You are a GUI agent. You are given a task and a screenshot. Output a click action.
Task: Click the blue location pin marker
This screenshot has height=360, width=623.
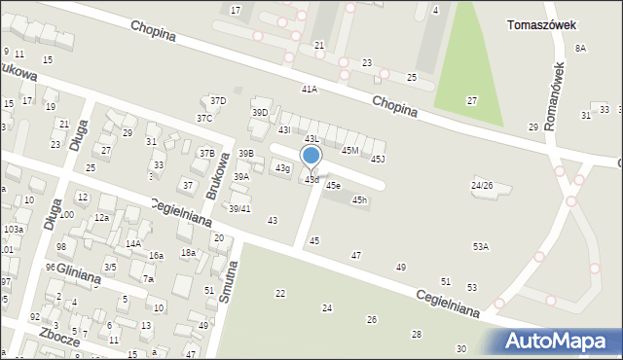[311, 157]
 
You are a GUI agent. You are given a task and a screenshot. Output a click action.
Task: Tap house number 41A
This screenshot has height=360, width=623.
[310, 89]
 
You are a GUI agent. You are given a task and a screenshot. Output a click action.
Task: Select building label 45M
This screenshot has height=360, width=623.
[350, 150]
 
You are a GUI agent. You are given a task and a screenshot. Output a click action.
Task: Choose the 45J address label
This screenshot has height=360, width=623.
[378, 159]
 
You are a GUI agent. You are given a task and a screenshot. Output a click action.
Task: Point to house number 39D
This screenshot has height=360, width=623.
[260, 113]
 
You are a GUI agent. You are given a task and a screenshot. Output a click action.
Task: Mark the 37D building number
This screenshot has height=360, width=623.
[219, 100]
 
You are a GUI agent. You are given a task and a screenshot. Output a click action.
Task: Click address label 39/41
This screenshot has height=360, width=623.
[239, 209]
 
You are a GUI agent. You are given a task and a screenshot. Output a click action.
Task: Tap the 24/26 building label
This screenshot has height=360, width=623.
[482, 185]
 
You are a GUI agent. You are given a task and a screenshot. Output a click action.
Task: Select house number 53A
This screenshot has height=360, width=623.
[481, 247]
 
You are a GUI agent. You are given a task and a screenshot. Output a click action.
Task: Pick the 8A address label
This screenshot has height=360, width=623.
[581, 48]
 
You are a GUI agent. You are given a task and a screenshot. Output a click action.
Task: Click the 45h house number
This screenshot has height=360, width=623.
[360, 200]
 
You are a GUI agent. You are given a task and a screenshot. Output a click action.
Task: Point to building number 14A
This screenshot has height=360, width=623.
[133, 244]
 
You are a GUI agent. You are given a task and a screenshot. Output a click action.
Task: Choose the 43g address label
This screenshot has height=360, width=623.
[282, 169]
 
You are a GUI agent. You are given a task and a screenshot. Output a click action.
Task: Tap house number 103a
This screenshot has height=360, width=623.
[13, 230]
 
